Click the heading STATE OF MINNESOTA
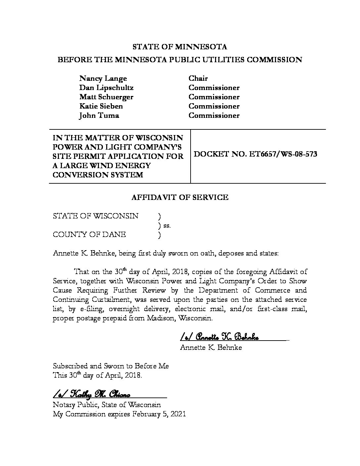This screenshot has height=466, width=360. pos(180,47)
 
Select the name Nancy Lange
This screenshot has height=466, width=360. pos(103,78)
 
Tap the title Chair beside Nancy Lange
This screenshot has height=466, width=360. pos(198,78)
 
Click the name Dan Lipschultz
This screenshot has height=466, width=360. pos(106,88)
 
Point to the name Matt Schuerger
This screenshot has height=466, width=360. pos(106,97)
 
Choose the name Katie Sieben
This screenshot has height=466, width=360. pos(101,106)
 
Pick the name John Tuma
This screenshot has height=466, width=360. pos(99,116)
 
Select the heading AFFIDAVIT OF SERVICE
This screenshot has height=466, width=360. pos(180,198)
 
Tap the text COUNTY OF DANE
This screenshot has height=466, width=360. pos(89,235)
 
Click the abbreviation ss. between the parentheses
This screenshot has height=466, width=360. pos(167,226)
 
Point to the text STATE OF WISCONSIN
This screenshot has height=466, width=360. pos(96,216)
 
